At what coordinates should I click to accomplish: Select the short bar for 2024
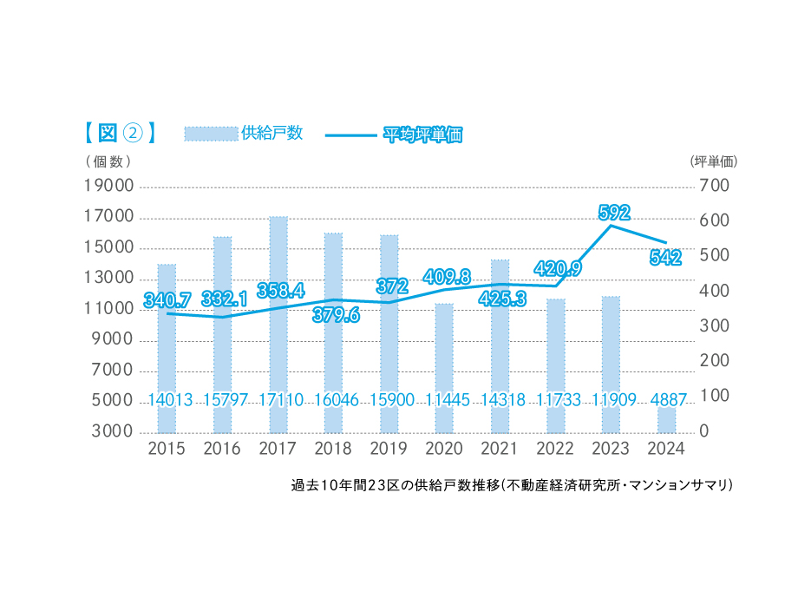666,420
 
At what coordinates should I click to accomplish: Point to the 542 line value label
664,257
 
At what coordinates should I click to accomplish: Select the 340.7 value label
167,300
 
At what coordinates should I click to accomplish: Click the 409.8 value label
447,277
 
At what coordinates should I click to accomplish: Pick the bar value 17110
278,400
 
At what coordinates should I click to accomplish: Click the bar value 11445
444,400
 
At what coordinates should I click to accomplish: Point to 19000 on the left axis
108,186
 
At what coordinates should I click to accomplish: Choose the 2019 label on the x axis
389,449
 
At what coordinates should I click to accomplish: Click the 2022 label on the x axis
555,449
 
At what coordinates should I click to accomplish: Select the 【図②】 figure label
120,133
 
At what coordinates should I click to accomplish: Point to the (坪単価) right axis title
713,161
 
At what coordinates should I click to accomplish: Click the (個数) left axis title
108,161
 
